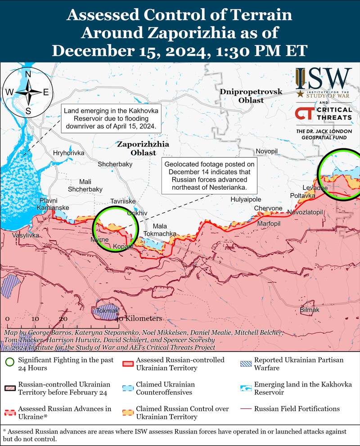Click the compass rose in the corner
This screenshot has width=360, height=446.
[x=27, y=92]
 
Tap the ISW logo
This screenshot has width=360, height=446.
[x=324, y=79]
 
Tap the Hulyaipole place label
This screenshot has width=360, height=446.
[x=246, y=199]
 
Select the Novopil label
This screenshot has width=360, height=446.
[x=267, y=151]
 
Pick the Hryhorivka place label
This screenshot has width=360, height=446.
[x=69, y=153]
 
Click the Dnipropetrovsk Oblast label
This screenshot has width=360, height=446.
[x=251, y=96]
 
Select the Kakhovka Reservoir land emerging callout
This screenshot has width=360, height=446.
[x=111, y=118]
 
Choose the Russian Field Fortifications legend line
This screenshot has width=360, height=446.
[x=246, y=409]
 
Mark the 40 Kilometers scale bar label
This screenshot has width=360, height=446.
[x=139, y=318]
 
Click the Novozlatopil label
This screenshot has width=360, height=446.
[x=305, y=212]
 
